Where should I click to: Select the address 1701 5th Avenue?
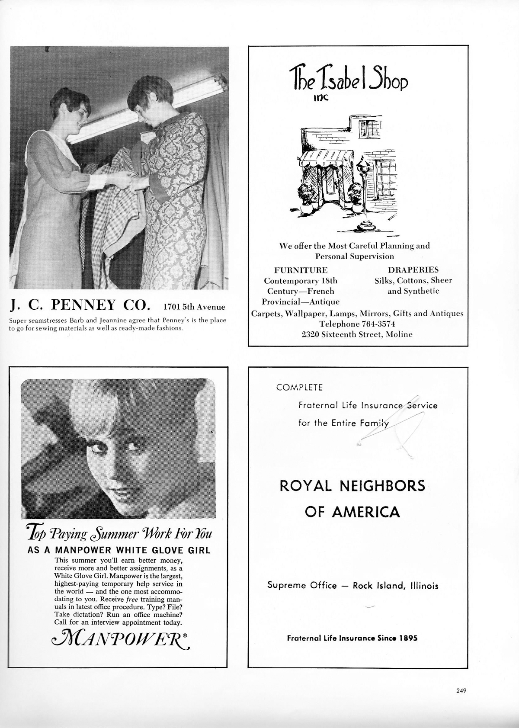194,307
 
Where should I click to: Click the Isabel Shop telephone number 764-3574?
374,324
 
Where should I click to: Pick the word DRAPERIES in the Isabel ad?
413,270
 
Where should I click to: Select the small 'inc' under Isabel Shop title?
321,98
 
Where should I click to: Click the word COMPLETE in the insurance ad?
299,388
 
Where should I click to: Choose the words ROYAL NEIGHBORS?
352,486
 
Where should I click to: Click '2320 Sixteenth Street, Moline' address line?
357,334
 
